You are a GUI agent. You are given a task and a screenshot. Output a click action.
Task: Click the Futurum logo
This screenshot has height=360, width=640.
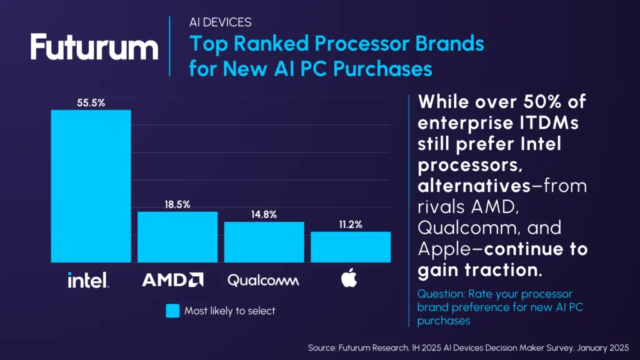[94, 47]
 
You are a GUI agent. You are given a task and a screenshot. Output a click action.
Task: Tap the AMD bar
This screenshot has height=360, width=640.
[177, 237]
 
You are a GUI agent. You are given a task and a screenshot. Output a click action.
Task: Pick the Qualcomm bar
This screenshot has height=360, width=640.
[264, 242]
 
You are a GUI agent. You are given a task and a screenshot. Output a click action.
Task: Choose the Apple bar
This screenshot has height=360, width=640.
[351, 247]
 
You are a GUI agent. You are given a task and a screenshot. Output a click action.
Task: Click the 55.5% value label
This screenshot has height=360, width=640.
[91, 102]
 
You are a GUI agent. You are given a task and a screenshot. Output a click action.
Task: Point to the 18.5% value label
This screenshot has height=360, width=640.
[177, 204]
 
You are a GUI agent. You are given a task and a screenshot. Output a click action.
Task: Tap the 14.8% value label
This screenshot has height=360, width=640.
[264, 214]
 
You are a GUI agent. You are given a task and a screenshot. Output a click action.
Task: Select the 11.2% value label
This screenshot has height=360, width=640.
[351, 224]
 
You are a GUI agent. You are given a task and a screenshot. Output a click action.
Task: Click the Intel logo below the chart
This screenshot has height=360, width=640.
[88, 279]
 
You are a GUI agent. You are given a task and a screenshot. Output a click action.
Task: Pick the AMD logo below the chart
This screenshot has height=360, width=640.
[172, 279]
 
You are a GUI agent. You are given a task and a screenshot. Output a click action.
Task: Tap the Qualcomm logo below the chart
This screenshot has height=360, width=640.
[263, 280]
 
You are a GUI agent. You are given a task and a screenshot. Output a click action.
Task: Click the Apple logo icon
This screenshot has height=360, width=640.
[349, 279]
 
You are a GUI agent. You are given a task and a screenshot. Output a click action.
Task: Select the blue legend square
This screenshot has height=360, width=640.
[172, 311]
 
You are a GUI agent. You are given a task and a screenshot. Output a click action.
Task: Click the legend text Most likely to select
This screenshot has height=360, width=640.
[229, 311]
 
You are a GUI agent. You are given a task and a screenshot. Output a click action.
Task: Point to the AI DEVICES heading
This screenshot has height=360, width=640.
[220, 22]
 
